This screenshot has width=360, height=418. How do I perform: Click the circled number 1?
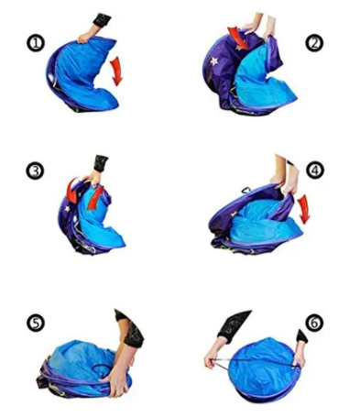(x=36, y=43)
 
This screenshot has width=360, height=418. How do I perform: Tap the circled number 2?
(x=315, y=43)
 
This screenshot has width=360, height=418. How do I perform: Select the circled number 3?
(x=35, y=171)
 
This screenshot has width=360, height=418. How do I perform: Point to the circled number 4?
(x=315, y=170)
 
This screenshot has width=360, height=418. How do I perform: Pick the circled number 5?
(x=36, y=324)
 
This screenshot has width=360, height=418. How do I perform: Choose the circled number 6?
(x=315, y=323)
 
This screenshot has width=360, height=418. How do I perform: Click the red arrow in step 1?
(x=117, y=71)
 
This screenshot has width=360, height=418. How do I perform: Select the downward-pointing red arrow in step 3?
(x=71, y=192)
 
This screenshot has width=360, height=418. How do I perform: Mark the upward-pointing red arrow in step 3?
(x=95, y=198)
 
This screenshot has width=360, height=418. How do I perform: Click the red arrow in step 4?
(x=304, y=210)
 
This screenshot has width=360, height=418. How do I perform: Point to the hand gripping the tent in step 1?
(x=86, y=35)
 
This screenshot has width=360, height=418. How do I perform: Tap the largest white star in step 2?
(x=214, y=60)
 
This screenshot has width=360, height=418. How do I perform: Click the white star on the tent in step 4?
(x=234, y=214)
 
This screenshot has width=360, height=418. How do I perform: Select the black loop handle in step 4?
(x=245, y=191)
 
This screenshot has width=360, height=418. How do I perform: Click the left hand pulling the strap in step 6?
(x=213, y=357)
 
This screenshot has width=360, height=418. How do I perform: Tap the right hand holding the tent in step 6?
(x=299, y=355)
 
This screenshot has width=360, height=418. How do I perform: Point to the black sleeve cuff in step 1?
(x=102, y=19)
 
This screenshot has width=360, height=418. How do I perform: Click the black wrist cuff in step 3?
(x=101, y=163)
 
